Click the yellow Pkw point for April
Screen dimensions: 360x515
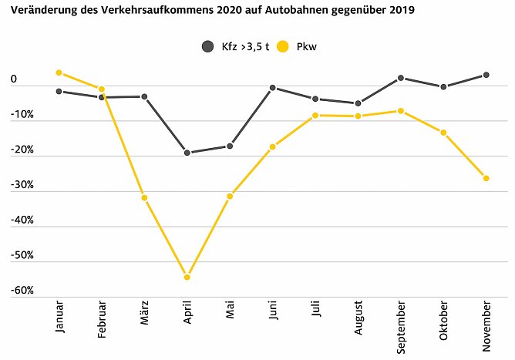(187, 277)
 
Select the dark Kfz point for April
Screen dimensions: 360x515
(187, 153)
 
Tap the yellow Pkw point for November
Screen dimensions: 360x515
(486, 178)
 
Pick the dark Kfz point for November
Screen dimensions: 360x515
(486, 75)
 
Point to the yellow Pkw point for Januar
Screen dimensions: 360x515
(59, 72)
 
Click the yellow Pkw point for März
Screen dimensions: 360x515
(144, 198)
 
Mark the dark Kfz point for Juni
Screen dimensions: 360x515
(273, 88)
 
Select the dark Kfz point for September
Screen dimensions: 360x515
(401, 78)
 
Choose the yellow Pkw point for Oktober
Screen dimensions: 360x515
(443, 133)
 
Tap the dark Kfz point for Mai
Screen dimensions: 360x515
(230, 146)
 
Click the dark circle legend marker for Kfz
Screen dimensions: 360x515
(207, 47)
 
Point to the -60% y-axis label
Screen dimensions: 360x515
(21, 291)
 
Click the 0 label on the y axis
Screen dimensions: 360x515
(14, 79)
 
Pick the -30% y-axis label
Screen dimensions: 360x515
(21, 185)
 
